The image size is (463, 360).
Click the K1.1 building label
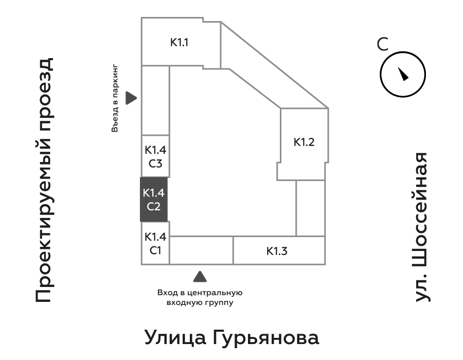pyautogui.click(x=180, y=43)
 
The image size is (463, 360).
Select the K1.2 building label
pyautogui.click(x=304, y=142)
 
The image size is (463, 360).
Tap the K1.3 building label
pyautogui.click(x=277, y=251)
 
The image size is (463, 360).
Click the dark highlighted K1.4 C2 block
pyautogui.click(x=154, y=200)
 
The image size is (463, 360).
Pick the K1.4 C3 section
pyautogui.click(x=155, y=157)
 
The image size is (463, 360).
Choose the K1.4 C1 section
pyautogui.click(x=155, y=244)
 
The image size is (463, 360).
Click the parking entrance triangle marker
pyautogui.click(x=132, y=98)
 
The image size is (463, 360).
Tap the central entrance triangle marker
pyautogui.click(x=200, y=277)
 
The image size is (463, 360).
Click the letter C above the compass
pyautogui.click(x=382, y=45)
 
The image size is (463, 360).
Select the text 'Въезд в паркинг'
pyautogui.click(x=115, y=98)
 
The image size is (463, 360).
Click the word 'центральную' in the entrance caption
pyautogui.click(x=216, y=293)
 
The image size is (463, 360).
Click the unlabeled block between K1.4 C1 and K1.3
pyautogui.click(x=201, y=250)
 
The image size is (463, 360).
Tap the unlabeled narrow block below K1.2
pyautogui.click(x=310, y=208)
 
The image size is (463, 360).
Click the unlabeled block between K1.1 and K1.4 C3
pyautogui.click(x=155, y=100)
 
